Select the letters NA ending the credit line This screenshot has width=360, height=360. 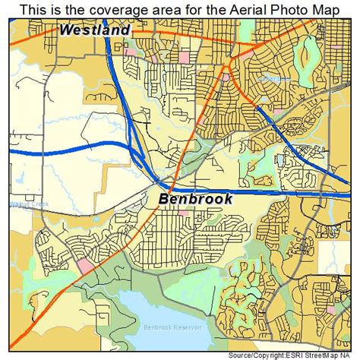[x=352, y=355]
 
